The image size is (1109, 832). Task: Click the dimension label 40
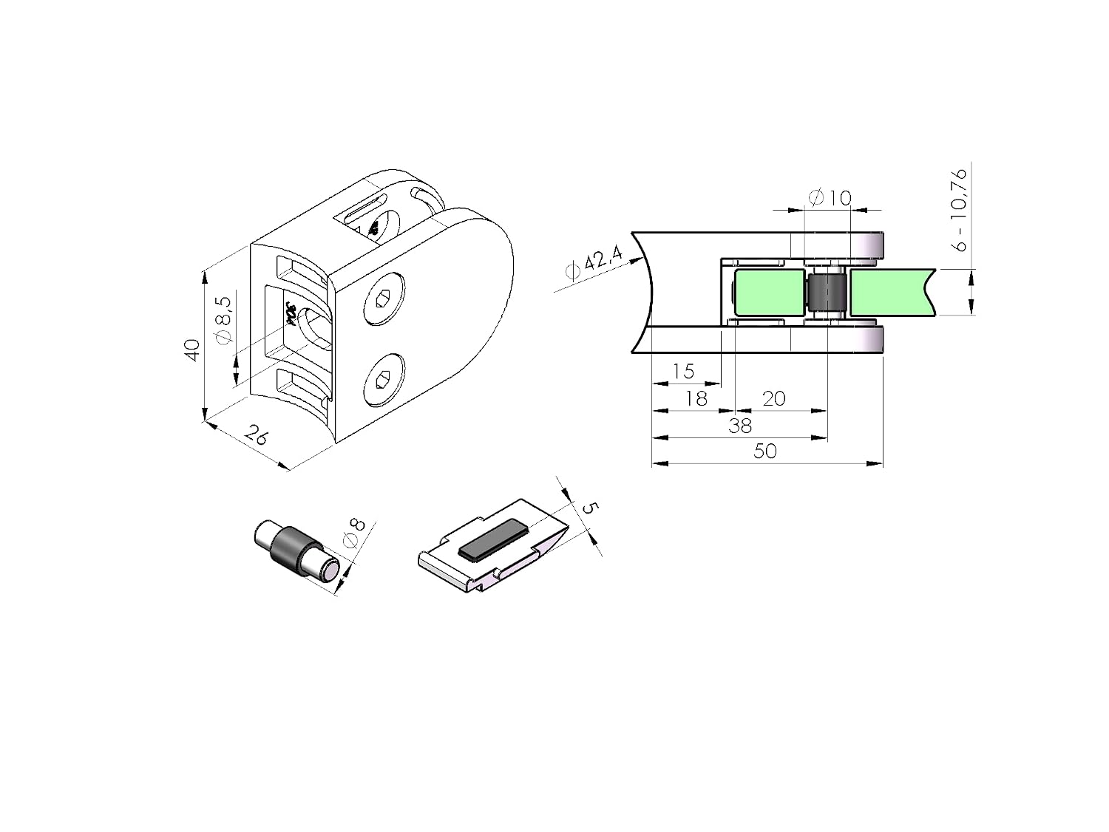192,349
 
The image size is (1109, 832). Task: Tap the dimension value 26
257,435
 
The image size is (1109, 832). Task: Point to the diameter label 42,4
594,262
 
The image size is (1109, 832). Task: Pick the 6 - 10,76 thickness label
958,210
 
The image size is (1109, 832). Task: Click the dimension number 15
683,372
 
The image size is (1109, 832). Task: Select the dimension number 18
696,399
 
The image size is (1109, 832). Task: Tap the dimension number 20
773,399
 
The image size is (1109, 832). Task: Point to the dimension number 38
740,426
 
